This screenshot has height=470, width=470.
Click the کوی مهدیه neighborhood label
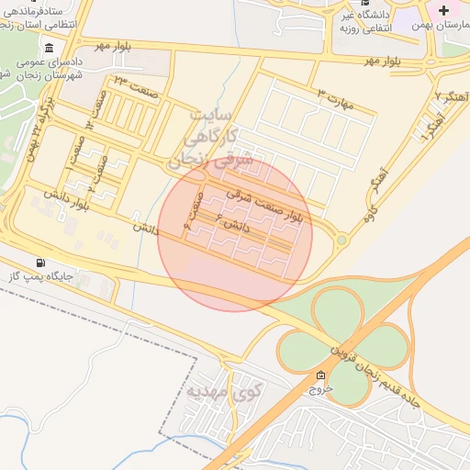click(x=225, y=392)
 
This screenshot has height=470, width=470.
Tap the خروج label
click(x=319, y=389)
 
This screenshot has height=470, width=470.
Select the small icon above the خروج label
click(x=319, y=375)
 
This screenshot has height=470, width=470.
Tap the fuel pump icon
click(x=39, y=263)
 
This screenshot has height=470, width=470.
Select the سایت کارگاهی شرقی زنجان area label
click(x=203, y=140)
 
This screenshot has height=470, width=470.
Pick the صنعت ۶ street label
click(x=193, y=208)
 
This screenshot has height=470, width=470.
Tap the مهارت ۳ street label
click(x=336, y=98)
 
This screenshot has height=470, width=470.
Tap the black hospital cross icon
click(x=444, y=10)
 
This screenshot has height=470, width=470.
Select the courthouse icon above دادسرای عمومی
click(x=48, y=48)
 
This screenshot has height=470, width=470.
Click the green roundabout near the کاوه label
click(x=341, y=241)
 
